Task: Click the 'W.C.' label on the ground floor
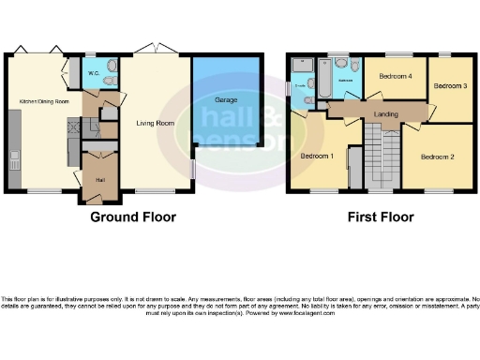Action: click(x=94, y=72)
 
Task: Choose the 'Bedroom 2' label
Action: click(x=437, y=156)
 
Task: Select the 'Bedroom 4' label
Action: click(x=395, y=76)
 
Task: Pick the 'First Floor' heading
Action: click(x=381, y=217)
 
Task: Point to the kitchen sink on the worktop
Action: click(x=13, y=160)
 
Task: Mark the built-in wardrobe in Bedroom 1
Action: click(x=355, y=168)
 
